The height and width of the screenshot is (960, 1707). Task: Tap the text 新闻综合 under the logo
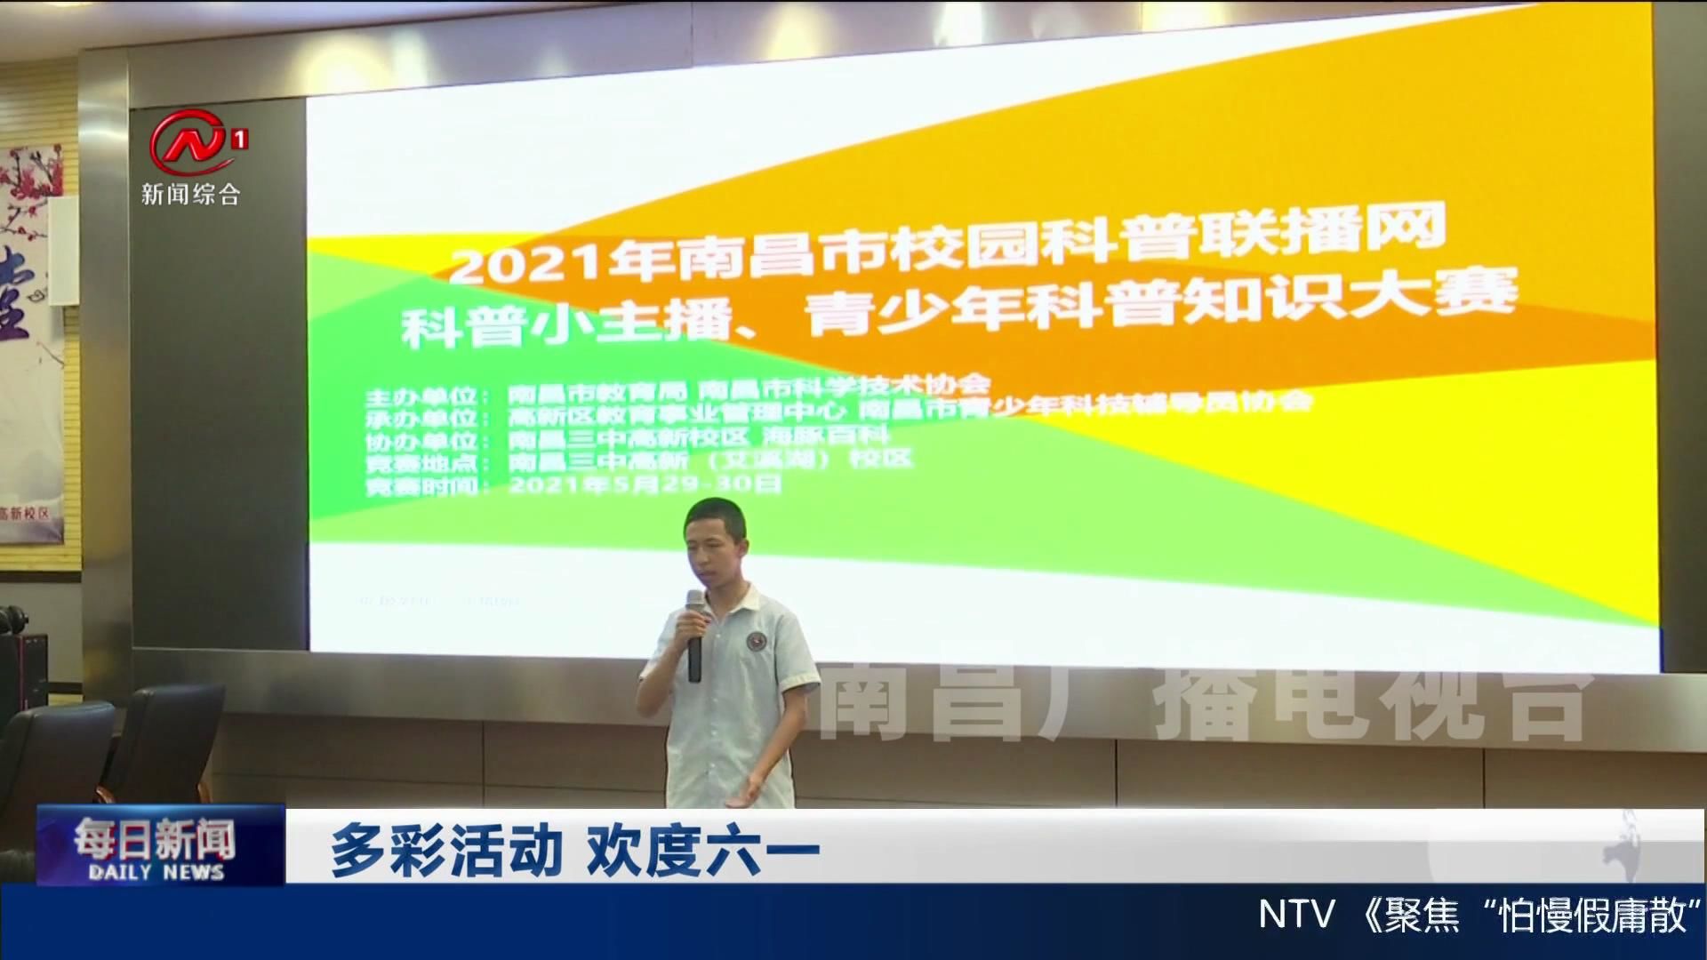pyautogui.click(x=190, y=194)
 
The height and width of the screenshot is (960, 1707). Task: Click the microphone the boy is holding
pyautogui.click(x=694, y=635)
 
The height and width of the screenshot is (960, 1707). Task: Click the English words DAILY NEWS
pyautogui.click(x=156, y=872)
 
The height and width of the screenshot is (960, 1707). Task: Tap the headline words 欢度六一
pyautogui.click(x=702, y=851)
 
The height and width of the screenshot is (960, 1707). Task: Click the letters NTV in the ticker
pyautogui.click(x=1297, y=915)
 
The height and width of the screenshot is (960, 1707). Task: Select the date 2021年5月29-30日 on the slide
pyautogui.click(x=645, y=484)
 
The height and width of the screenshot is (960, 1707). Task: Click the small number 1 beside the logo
pyautogui.click(x=238, y=140)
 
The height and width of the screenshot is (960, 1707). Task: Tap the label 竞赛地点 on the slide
pyautogui.click(x=424, y=464)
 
